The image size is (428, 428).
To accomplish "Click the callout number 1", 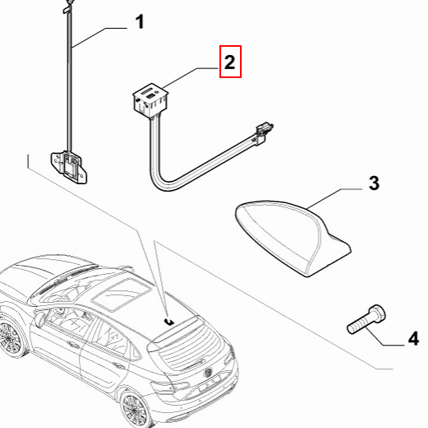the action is coord(139,23).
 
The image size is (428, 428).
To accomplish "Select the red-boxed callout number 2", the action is coord(230,63).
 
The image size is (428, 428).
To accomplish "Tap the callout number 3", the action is coord(373,183).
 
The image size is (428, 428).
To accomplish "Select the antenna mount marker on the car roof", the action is coord(169,320).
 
